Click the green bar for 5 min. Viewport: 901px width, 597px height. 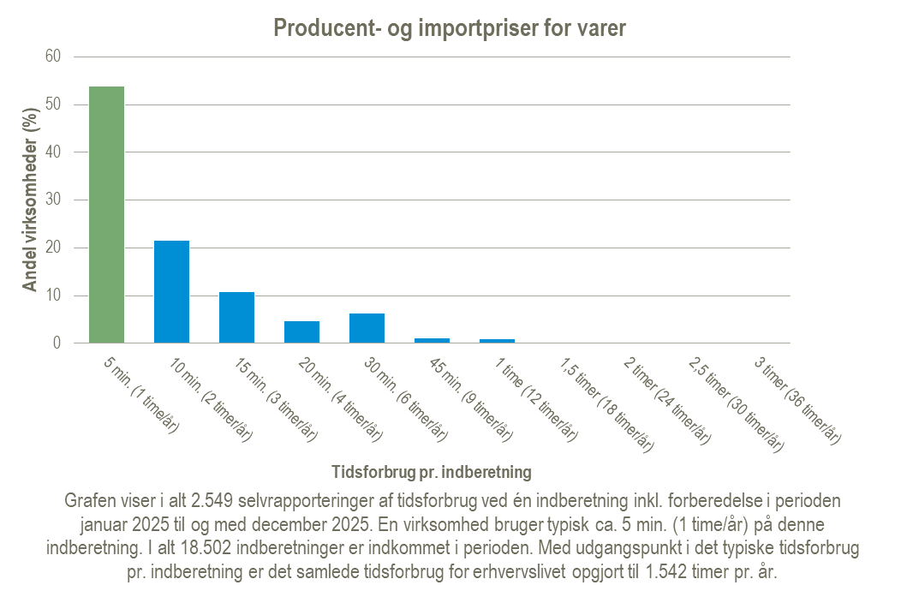coord(107,214)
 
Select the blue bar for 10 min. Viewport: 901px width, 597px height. coord(172,291)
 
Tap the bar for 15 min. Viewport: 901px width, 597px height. coord(237,317)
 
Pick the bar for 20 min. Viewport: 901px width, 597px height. coord(302,331)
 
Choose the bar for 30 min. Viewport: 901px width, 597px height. coord(367,328)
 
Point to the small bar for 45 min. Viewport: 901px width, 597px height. coord(432,340)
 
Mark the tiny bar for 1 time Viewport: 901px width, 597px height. coord(497,341)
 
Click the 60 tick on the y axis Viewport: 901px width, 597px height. coord(54,57)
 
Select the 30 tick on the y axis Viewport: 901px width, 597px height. coord(54,200)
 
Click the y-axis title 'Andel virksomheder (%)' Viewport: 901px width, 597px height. coord(31,199)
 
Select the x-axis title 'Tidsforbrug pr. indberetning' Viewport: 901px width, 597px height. coord(431,472)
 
